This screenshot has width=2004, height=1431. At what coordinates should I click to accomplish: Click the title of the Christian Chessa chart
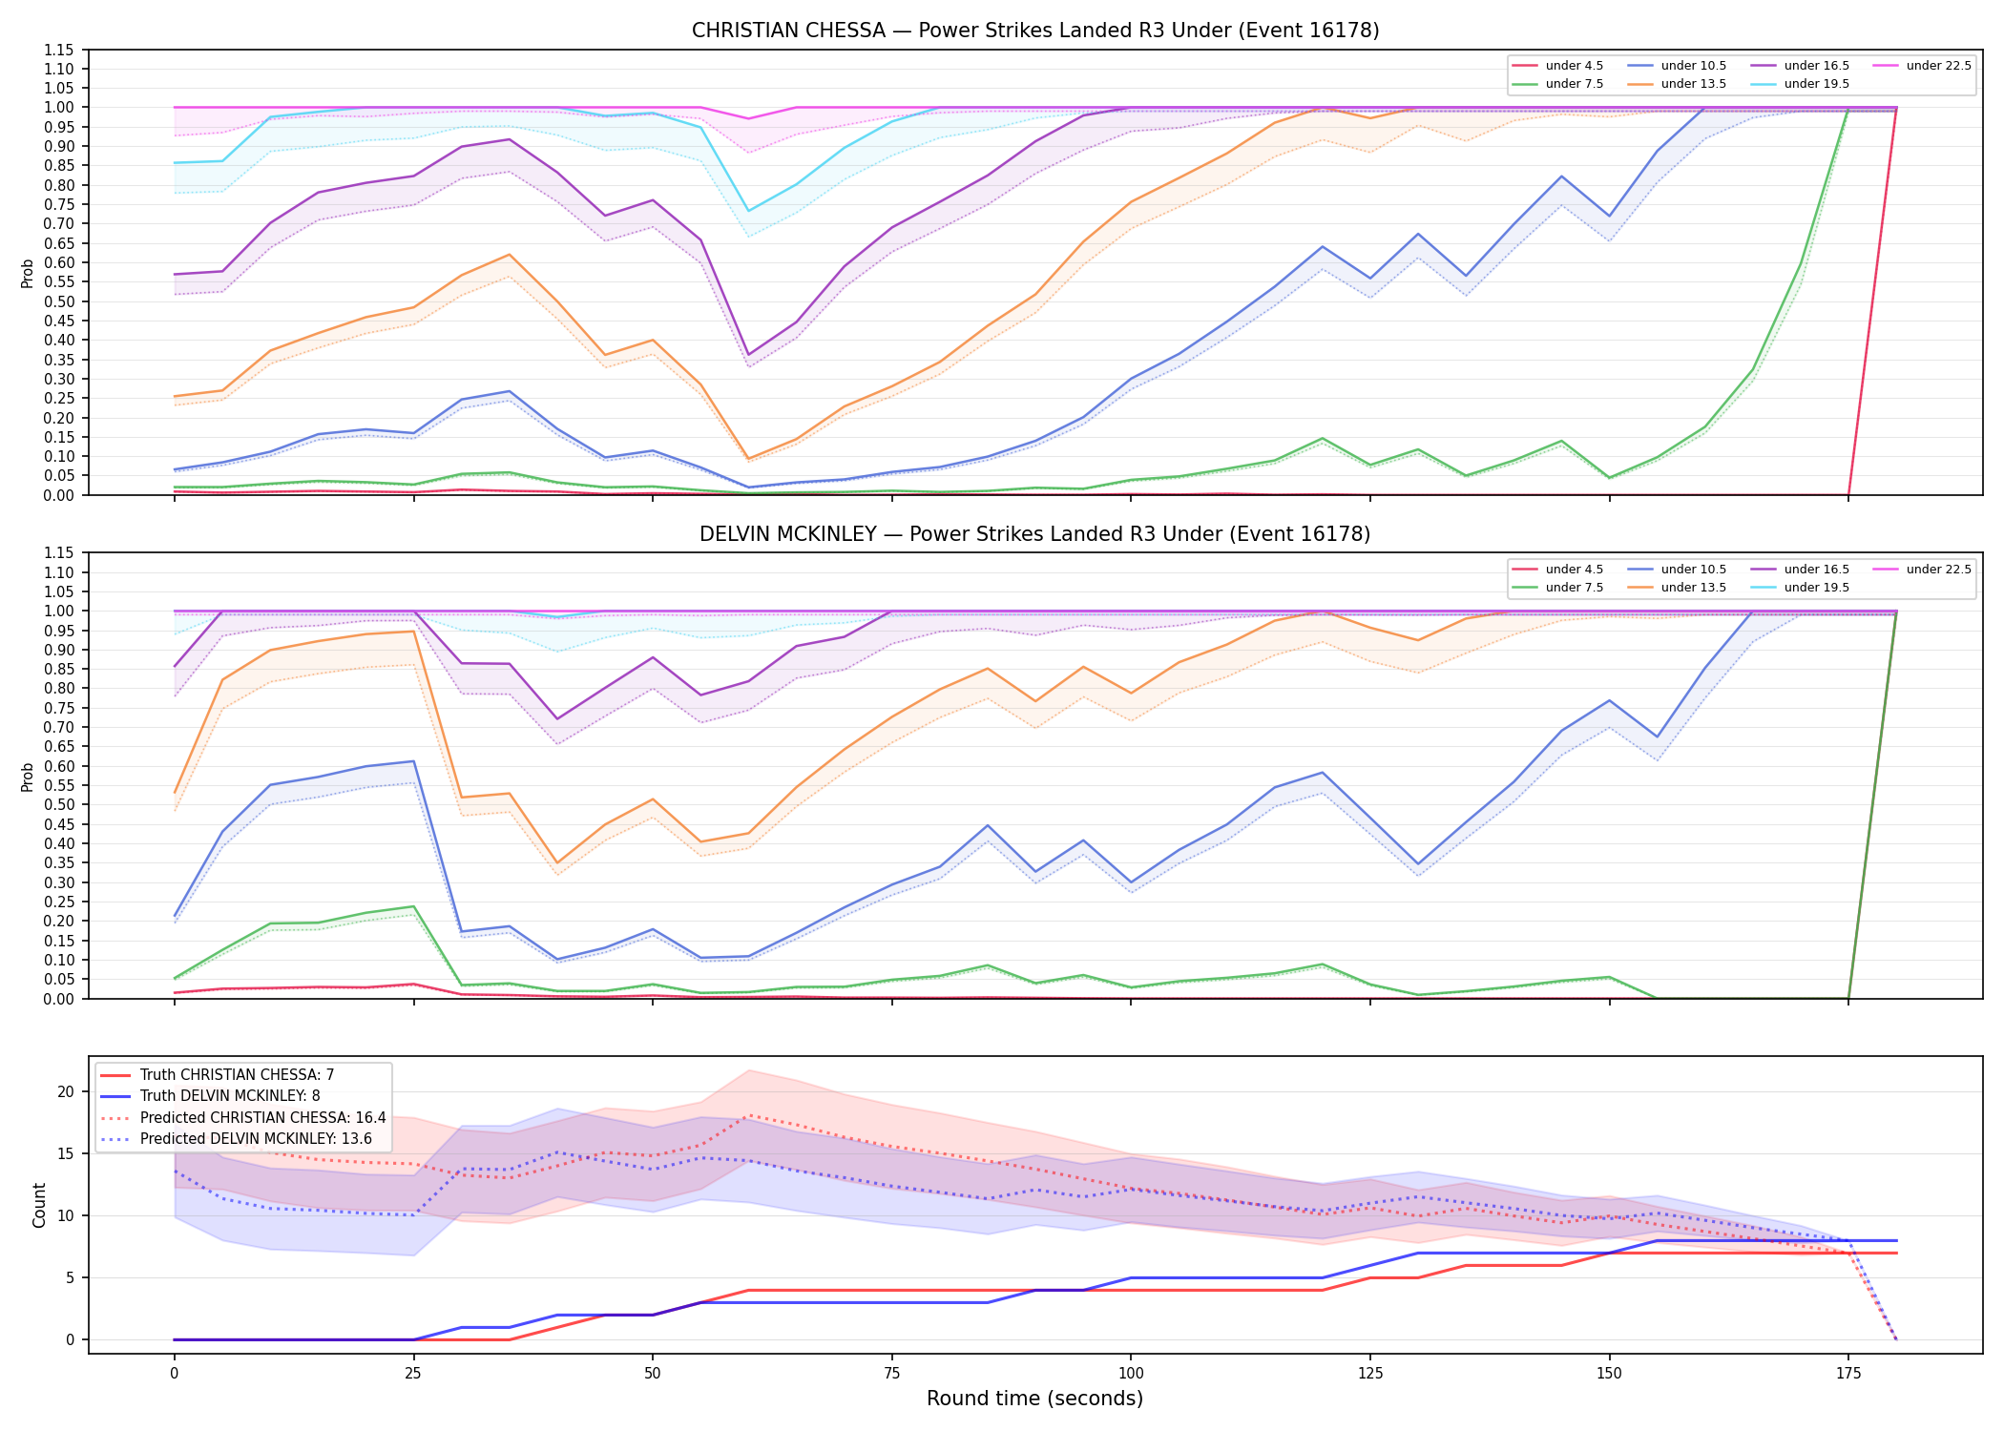[x=1035, y=31]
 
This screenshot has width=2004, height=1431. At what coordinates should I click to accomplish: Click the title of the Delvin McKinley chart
[x=1035, y=534]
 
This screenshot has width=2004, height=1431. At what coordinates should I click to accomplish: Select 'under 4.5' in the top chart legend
[x=1574, y=66]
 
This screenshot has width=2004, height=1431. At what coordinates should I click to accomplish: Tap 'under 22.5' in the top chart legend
[x=1938, y=66]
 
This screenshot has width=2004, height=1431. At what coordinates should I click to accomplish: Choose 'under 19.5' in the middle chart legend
[x=1816, y=588]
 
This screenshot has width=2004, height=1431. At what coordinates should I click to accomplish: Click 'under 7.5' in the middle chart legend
[x=1574, y=588]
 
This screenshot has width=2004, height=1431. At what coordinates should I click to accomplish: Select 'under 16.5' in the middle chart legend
[x=1816, y=570]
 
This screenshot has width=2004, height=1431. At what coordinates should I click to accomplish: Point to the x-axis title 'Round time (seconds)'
[x=1034, y=1399]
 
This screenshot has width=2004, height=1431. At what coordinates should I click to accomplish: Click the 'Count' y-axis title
[x=39, y=1205]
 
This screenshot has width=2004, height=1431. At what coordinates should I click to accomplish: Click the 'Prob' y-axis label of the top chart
[x=28, y=273]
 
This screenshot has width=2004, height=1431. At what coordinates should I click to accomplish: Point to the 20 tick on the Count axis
[x=66, y=1091]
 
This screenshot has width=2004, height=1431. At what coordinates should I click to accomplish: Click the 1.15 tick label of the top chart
[x=60, y=50]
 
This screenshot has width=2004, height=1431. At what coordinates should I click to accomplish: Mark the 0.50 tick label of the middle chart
[x=60, y=804]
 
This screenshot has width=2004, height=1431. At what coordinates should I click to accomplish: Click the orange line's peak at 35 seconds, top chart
[x=510, y=255]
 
